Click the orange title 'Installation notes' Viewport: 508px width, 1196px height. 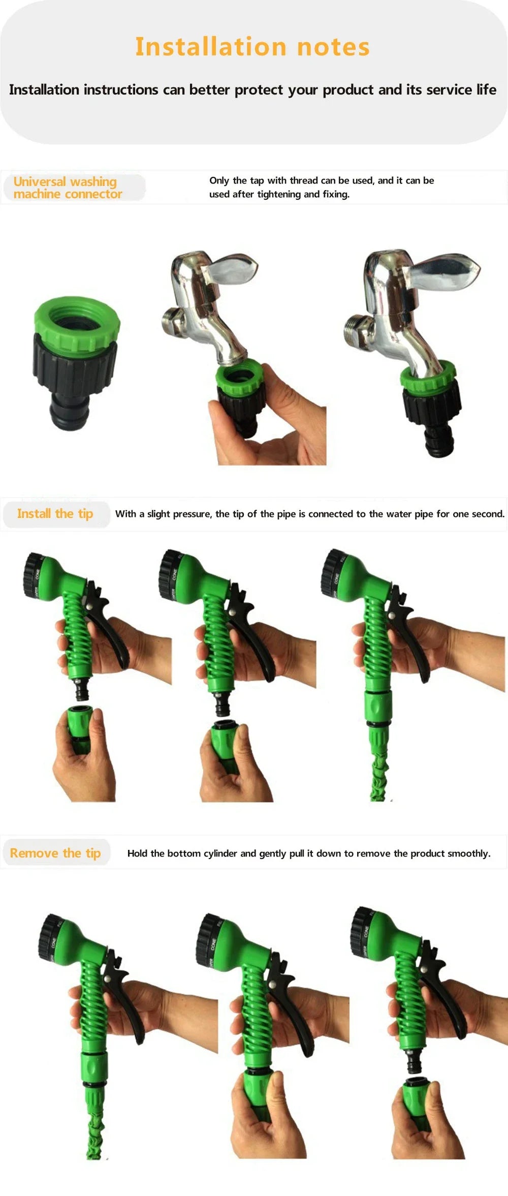(x=252, y=47)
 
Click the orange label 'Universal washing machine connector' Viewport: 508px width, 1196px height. (x=67, y=188)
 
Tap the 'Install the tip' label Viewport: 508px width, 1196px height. (x=55, y=513)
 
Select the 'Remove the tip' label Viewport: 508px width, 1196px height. (x=55, y=853)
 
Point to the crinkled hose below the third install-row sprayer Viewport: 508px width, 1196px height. (x=378, y=778)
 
